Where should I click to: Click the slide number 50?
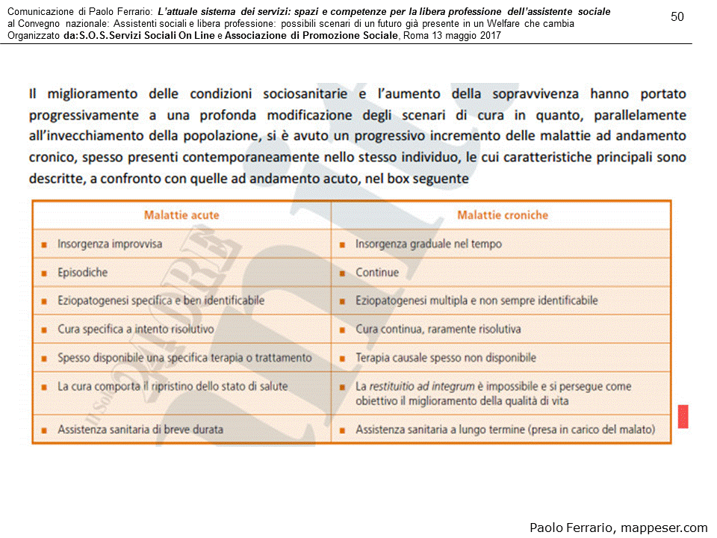(677, 16)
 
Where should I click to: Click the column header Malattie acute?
(181, 215)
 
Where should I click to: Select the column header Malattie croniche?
(503, 215)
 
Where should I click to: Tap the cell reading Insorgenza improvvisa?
(110, 244)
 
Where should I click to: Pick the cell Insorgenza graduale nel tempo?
(429, 244)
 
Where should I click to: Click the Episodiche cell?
(82, 273)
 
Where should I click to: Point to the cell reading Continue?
(377, 273)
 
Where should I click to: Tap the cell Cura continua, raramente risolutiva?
(438, 329)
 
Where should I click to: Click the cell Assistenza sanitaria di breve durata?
(140, 430)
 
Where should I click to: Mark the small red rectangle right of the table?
(683, 417)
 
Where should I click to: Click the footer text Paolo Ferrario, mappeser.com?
(618, 528)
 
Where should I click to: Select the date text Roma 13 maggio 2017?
(451, 35)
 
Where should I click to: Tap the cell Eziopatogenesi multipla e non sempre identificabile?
(477, 301)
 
